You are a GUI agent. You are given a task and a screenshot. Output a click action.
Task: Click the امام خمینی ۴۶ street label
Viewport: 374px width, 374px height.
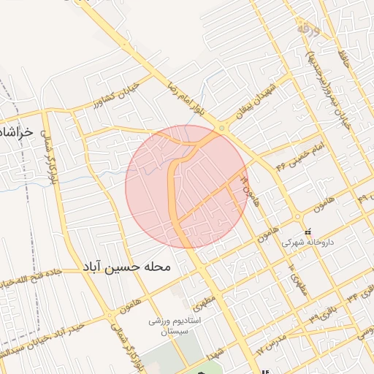(291, 154)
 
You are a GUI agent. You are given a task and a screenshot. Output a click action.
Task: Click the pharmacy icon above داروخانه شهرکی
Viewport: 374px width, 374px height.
(306, 230)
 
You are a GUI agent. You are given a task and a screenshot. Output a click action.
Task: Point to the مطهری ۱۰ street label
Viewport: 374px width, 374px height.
(294, 277)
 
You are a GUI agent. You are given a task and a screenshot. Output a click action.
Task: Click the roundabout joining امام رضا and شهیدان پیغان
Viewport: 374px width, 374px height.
(221, 128)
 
